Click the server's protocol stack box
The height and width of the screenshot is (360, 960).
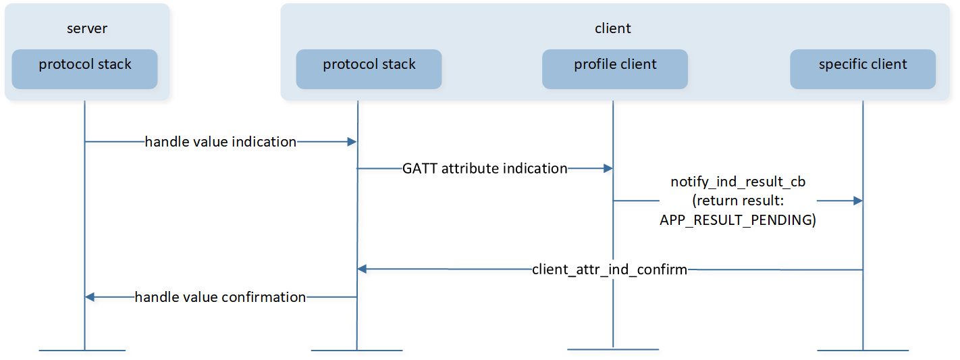click(x=85, y=69)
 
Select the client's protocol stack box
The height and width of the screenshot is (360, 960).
click(x=369, y=69)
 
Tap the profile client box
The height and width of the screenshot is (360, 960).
click(x=615, y=69)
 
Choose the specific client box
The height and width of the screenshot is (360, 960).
click(x=863, y=69)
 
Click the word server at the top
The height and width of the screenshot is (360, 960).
click(x=87, y=28)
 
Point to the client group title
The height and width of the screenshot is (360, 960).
click(x=613, y=28)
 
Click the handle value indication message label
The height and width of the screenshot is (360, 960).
click(x=221, y=142)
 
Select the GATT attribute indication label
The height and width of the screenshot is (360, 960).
click(x=485, y=168)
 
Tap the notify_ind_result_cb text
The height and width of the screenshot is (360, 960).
click(x=738, y=182)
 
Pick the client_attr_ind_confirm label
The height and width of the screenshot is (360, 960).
click(x=610, y=269)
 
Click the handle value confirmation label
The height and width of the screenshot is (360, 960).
click(x=220, y=297)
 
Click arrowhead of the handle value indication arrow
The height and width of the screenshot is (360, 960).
click(x=352, y=142)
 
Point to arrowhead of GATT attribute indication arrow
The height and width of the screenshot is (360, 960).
click(x=608, y=168)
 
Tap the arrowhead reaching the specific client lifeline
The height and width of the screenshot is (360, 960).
click(x=857, y=201)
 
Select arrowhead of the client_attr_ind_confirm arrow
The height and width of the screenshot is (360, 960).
click(x=363, y=269)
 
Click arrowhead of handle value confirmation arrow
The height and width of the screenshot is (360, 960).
click(x=90, y=297)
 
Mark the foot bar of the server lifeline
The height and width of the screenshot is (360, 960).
click(x=82, y=351)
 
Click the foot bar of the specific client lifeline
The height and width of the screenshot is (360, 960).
click(x=863, y=351)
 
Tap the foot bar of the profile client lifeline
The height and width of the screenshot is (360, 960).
click(x=613, y=349)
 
